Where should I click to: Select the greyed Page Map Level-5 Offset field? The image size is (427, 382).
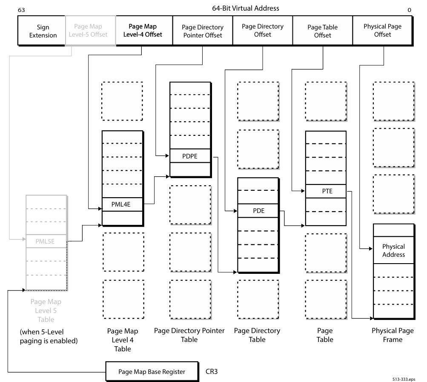pos(90,31)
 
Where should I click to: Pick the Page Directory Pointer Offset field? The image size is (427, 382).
pos(202,31)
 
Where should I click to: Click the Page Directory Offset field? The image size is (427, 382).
pos(262,30)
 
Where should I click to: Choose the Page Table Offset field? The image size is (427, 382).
pos(322,31)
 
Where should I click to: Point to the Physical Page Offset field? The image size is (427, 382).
pos(382,30)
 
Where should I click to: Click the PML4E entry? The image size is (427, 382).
pos(122,204)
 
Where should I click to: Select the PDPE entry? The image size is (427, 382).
pos(190,156)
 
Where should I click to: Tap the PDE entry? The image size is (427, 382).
pos(258,211)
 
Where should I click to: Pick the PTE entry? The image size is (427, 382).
pos(326,191)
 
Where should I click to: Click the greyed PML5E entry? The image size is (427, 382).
pos(46,241)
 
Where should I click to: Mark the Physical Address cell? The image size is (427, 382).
pos(393,250)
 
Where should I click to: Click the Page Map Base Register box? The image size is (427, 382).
pos(152,371)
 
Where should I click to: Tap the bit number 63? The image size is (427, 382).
pos(20,9)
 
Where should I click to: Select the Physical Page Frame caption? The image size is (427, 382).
pos(393,335)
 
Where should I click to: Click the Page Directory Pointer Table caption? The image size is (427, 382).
pos(189,335)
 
